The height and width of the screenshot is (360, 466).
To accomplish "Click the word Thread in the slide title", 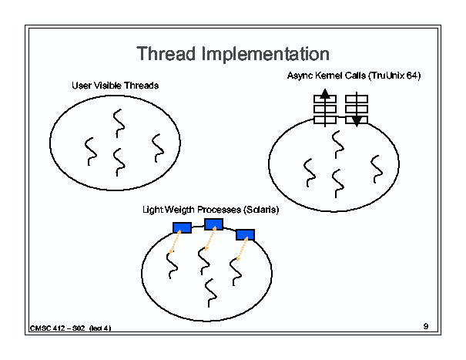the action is coord(166,53).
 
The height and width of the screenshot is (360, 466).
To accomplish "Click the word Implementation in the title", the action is coord(266,53).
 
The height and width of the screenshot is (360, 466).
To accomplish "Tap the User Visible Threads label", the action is coord(116,86).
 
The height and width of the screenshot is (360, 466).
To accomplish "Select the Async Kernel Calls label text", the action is coord(327,76).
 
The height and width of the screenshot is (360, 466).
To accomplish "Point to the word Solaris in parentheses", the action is coord(261,210).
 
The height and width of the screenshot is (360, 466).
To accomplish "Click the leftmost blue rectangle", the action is coord(182,227).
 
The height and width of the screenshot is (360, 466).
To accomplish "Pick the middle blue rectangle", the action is coord(213,224).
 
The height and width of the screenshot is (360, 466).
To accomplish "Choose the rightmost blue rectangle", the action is coord(245,235).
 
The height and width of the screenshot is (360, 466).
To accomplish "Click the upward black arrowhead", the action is coord(325,93).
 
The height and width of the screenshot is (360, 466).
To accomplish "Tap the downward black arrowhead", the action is coord(357,121).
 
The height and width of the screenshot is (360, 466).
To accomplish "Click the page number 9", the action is coord(426,326).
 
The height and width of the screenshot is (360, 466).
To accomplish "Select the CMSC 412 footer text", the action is coord(70,328).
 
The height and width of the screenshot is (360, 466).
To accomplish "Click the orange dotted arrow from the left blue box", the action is coord(175,242).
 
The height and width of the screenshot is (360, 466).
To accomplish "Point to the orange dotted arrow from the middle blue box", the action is coord(210,238).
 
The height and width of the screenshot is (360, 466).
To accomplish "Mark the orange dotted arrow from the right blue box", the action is coord(242,249).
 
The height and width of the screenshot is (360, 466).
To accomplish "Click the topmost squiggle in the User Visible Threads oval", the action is coord(119,123).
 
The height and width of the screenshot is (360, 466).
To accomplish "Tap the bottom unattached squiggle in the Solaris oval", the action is coord(211,293).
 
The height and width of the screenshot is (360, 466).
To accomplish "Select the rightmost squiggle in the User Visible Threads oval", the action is coord(158,148).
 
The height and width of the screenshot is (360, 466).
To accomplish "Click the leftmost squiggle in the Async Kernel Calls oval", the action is coord(310,173).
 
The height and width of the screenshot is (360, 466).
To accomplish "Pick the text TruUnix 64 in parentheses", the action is coord(394,76).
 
